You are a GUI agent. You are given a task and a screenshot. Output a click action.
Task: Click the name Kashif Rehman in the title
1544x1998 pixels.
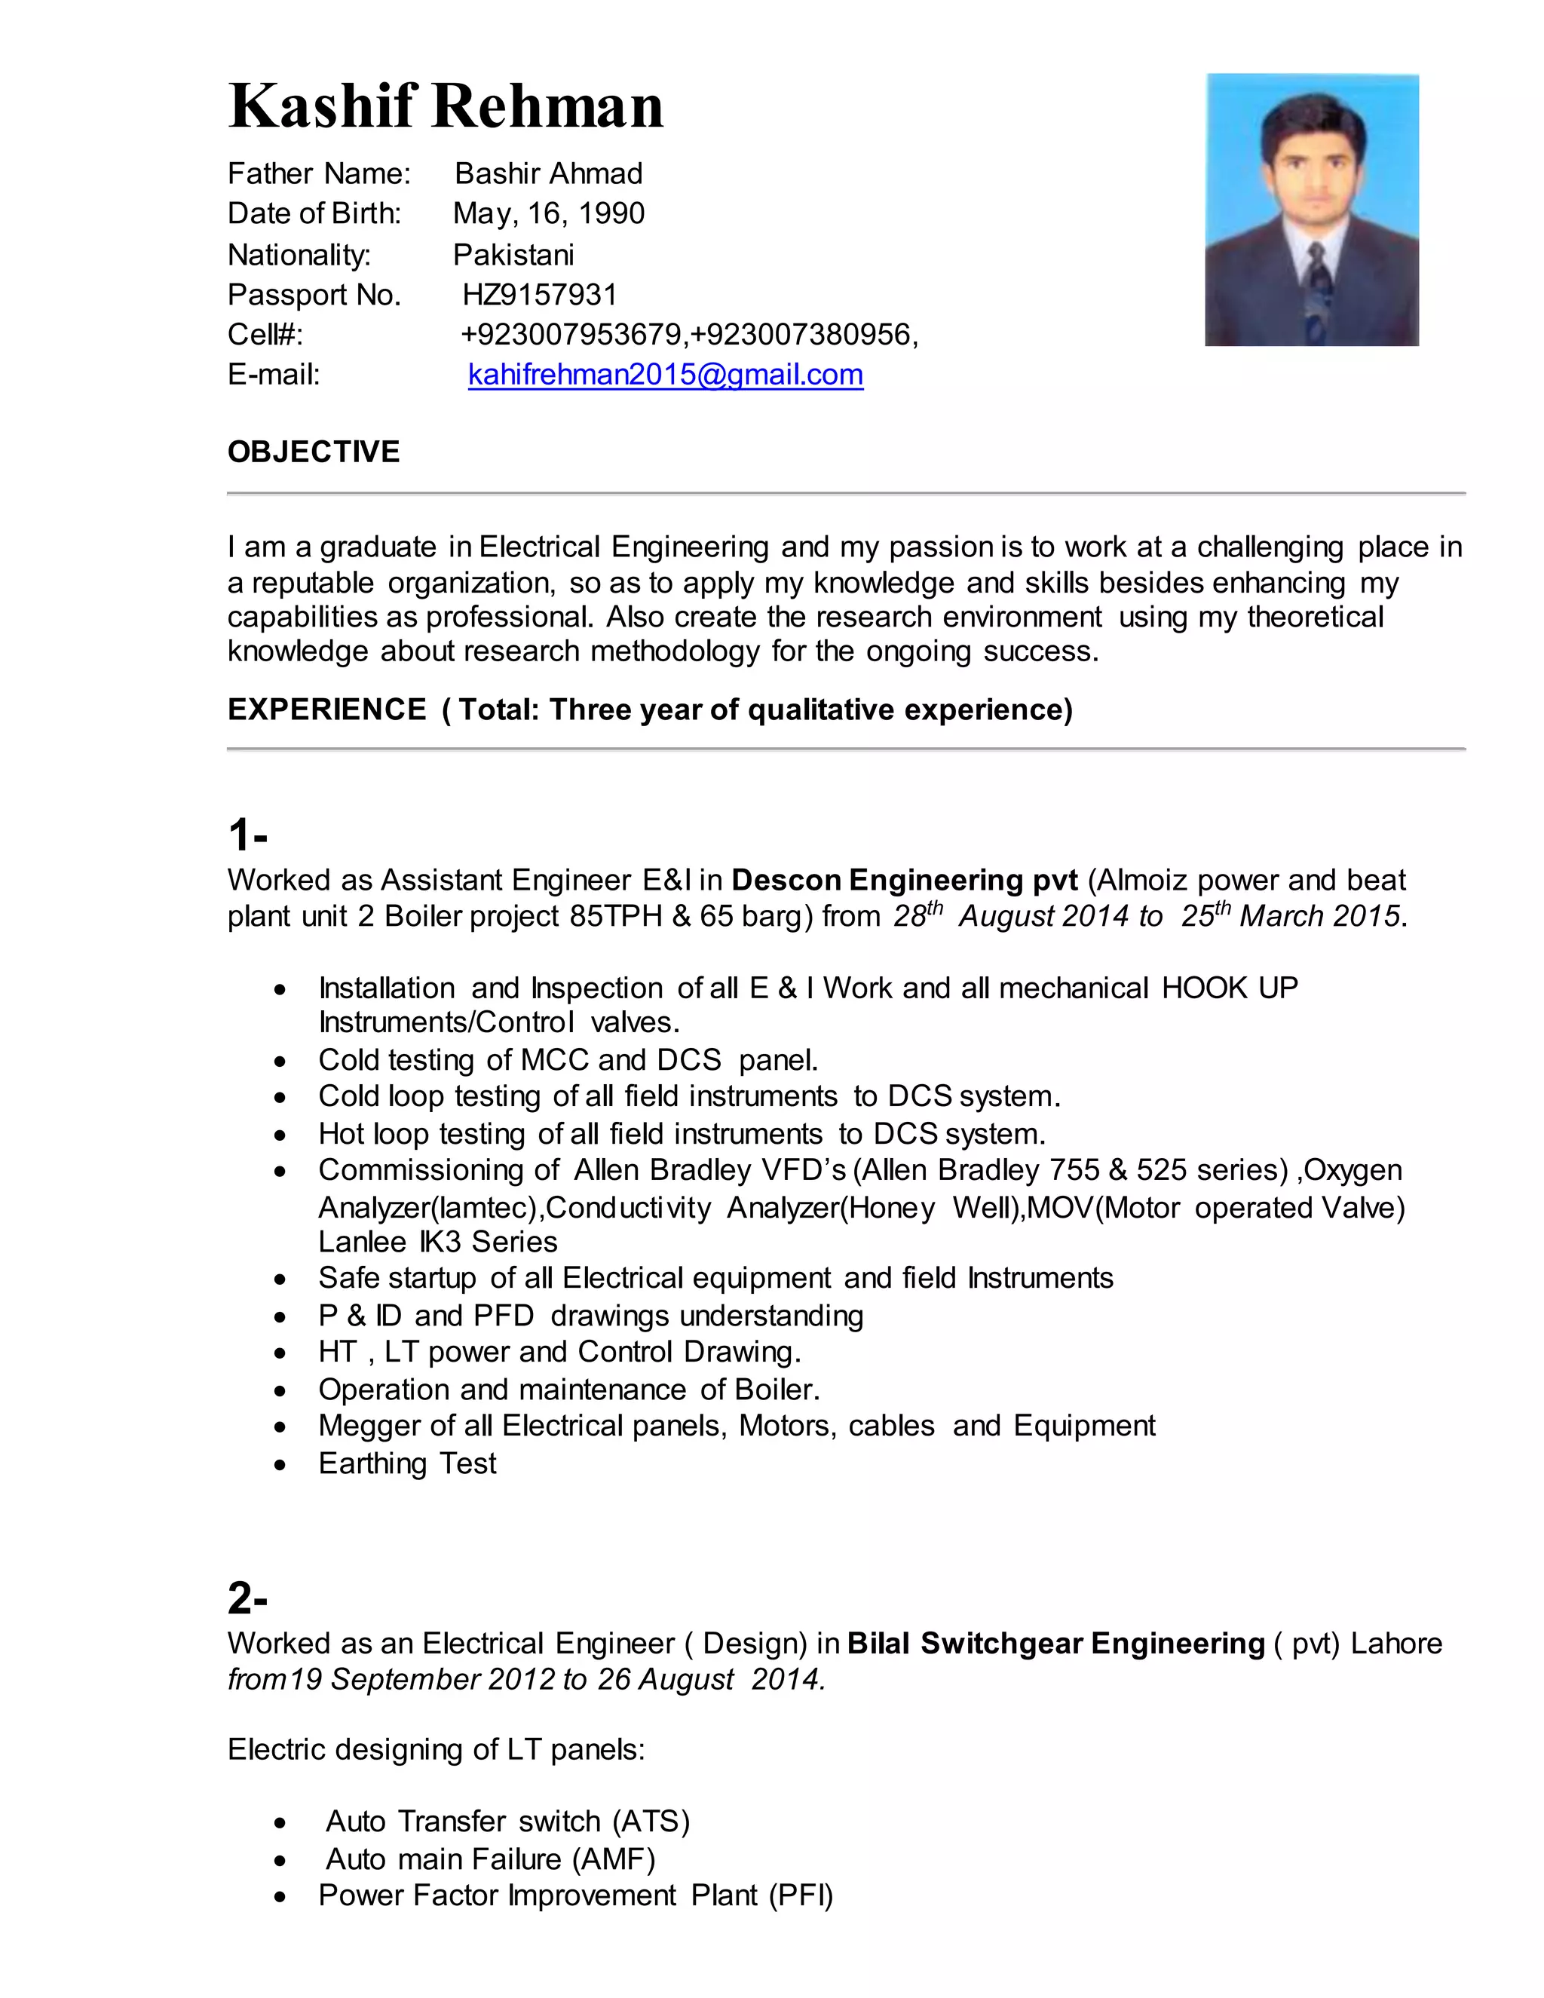pos(446,107)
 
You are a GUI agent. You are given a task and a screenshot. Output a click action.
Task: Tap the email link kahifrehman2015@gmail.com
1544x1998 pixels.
pos(665,374)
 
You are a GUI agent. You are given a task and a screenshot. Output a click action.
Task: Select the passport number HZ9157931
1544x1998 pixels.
pos(540,295)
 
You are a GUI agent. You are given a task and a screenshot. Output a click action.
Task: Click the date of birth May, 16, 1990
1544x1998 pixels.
pos(549,213)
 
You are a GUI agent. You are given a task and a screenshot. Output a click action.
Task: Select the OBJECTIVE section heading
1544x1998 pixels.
pos(314,452)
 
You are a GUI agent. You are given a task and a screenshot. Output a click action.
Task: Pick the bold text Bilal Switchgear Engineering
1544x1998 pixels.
pos(1055,1643)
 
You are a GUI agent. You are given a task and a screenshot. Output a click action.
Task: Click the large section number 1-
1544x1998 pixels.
pos(247,835)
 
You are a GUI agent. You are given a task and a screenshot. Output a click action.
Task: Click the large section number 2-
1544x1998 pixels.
pos(247,1598)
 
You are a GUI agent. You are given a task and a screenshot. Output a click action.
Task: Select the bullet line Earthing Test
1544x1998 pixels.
pos(407,1463)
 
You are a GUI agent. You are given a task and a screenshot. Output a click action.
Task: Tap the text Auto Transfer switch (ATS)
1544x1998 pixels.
pos(507,1821)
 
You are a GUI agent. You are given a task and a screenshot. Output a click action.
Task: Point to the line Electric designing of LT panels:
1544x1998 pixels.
pos(437,1749)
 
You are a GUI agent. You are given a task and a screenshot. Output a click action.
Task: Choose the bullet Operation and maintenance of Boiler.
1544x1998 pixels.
pos(569,1389)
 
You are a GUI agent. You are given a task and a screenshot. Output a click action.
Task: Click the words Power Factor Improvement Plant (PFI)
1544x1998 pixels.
pos(575,1895)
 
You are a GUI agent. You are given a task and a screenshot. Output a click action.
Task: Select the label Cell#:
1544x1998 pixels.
pos(265,335)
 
